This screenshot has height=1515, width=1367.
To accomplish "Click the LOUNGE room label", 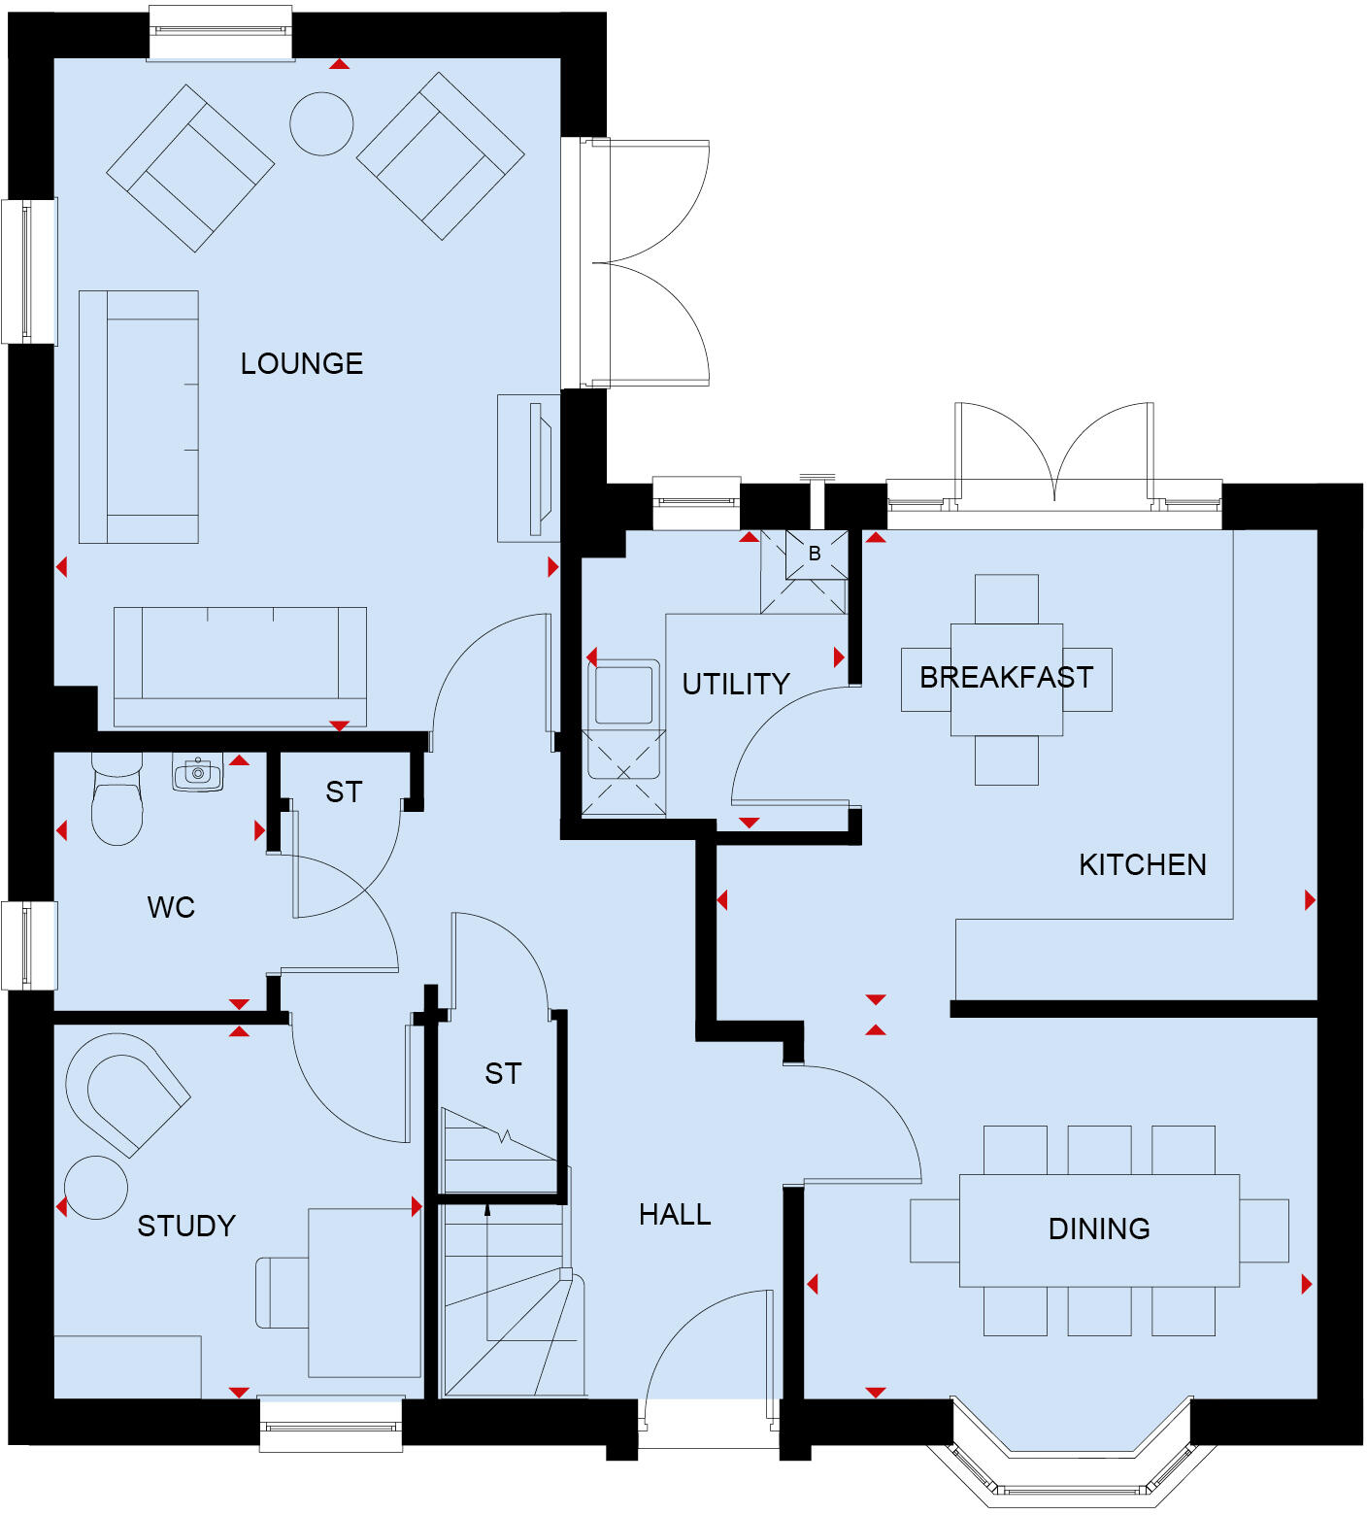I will (x=301, y=363).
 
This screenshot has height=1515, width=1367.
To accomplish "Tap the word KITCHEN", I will (x=1142, y=864).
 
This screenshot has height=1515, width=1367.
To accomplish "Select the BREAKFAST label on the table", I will (x=1006, y=677).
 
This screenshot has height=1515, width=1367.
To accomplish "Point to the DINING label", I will (x=1098, y=1229).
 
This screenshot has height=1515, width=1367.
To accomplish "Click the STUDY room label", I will (x=186, y=1226).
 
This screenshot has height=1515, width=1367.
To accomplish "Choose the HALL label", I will (x=675, y=1214).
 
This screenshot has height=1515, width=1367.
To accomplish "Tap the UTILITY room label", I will (x=736, y=684).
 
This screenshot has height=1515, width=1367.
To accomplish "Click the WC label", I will (x=171, y=907).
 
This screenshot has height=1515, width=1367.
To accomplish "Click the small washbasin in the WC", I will (x=198, y=773).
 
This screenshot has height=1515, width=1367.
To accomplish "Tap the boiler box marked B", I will (x=815, y=555).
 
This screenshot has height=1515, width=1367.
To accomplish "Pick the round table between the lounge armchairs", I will (x=321, y=123).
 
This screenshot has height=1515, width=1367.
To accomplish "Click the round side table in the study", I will (x=96, y=1187).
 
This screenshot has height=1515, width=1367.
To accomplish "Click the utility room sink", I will (x=623, y=693).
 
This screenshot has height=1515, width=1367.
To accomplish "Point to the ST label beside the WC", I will (x=344, y=791).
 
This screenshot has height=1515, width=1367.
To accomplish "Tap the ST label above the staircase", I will (x=503, y=1073).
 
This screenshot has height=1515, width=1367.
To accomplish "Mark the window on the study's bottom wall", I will (x=331, y=1426).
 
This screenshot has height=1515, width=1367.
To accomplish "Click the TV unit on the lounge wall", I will (x=529, y=468).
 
